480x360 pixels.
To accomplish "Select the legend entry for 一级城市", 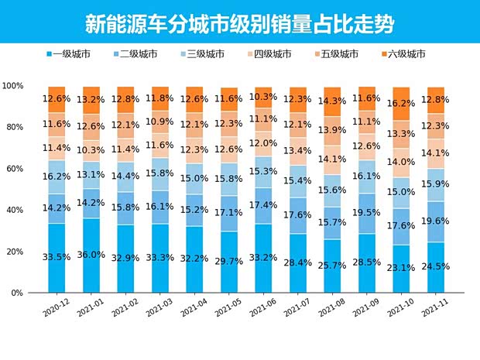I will point(71,54).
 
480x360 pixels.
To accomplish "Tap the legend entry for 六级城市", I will point(407,54).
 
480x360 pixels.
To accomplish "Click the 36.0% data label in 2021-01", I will point(91,255).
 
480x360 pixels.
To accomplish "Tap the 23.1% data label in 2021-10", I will point(402,267).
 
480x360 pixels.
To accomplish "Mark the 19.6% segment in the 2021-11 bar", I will point(436,221).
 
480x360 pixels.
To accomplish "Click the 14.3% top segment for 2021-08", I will point(334,101).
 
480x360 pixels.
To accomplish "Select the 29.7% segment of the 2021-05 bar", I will point(229,262).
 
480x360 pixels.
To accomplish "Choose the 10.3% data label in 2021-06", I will point(264,97).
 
